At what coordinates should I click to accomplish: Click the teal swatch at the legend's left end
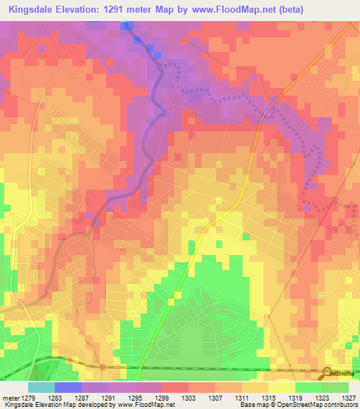[41, 387]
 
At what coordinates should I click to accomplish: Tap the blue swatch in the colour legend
[68, 387]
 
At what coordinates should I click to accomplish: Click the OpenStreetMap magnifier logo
[328, 372]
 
